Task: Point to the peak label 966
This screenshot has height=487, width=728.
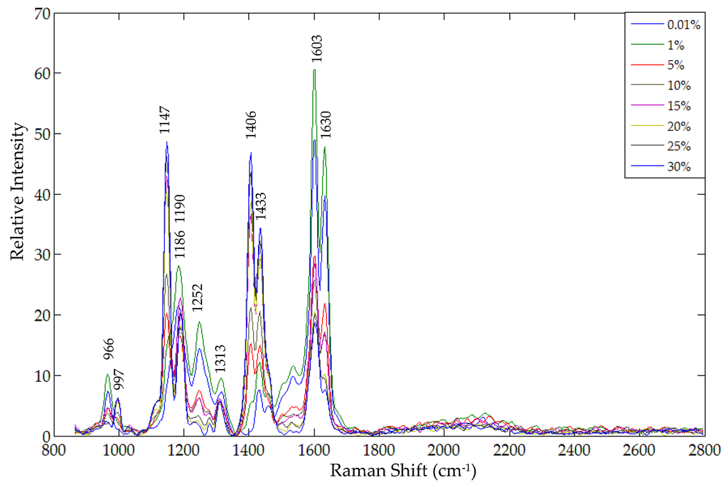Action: coord(109,349)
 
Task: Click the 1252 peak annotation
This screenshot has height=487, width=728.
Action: coord(198,298)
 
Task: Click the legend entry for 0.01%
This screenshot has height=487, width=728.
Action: coord(683,25)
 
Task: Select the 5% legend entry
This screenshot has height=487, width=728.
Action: coord(675,65)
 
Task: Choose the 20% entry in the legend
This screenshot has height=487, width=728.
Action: coord(678,127)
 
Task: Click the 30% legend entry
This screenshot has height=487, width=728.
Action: coord(678,168)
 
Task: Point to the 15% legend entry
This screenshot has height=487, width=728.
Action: coord(678,107)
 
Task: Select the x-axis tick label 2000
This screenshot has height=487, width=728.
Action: coord(444,450)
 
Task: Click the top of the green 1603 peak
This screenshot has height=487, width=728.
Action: coord(314,70)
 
